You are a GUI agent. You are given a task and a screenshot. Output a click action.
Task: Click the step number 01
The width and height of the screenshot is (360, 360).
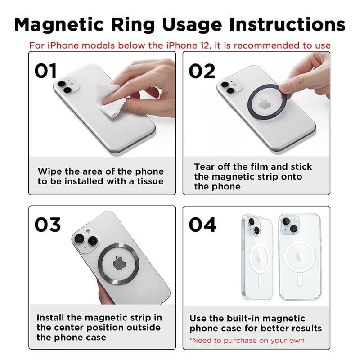46,71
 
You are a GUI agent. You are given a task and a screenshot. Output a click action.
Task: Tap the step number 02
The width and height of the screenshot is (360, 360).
202,71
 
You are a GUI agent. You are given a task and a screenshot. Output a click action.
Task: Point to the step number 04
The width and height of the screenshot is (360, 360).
202,225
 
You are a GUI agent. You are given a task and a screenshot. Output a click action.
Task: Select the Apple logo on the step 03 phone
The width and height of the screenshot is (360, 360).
119,263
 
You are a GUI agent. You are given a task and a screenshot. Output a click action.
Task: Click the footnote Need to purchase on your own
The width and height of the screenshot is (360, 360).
247,340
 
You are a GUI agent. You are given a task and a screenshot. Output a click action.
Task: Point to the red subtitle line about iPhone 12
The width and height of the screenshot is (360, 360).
180,45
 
